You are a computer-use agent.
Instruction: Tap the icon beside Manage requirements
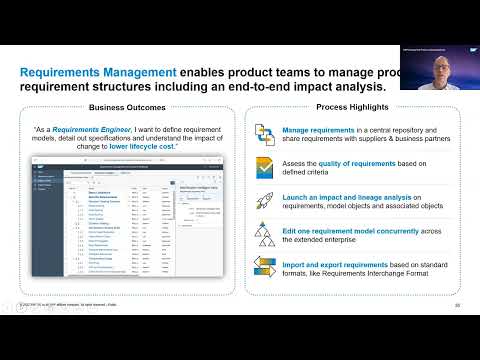coord(265,135)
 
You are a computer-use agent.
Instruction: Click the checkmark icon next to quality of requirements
coord(265,167)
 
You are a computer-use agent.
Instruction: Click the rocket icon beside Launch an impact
coord(265,200)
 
